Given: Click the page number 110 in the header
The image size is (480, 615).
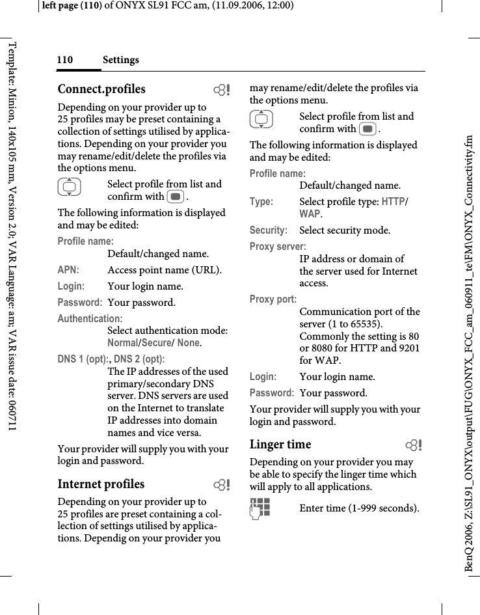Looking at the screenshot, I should [64, 61].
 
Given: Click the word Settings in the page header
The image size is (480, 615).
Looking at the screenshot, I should [120, 61].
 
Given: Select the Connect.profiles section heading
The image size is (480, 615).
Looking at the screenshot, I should [101, 89].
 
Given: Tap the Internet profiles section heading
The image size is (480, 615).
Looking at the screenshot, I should [101, 484].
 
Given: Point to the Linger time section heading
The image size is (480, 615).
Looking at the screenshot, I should [280, 444].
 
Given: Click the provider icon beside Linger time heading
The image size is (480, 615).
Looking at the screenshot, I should [412, 446].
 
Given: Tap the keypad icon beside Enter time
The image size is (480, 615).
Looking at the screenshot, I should [261, 509].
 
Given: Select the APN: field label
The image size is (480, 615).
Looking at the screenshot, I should [68, 270].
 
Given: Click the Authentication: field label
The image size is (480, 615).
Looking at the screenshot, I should [90, 319].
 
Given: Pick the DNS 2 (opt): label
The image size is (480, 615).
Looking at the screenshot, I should [139, 359].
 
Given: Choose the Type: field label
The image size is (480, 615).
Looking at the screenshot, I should [261, 202].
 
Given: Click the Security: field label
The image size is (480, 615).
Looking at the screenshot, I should [269, 230].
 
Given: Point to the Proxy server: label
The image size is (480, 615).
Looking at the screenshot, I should [278, 247].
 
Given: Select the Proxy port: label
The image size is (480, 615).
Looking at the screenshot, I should [273, 299].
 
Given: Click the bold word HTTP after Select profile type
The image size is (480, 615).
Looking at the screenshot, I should [392, 202].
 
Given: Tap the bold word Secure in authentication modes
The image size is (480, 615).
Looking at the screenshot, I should [157, 343].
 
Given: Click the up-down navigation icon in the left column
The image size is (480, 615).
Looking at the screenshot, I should [69, 189].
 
